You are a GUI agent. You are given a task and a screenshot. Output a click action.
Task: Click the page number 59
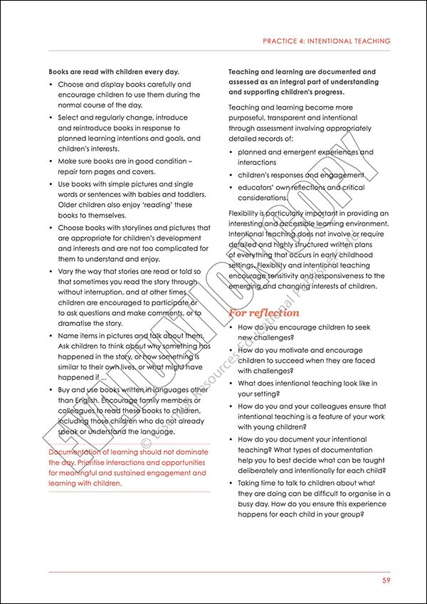386,581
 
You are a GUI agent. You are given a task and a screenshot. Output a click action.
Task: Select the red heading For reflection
264,313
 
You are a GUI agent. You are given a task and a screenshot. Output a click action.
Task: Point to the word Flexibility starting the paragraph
246,213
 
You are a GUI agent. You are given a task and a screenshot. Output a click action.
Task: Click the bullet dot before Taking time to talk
231,483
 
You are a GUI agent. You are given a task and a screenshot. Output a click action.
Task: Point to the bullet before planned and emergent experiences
231,152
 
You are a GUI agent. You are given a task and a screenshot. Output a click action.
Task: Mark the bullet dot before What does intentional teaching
231,383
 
